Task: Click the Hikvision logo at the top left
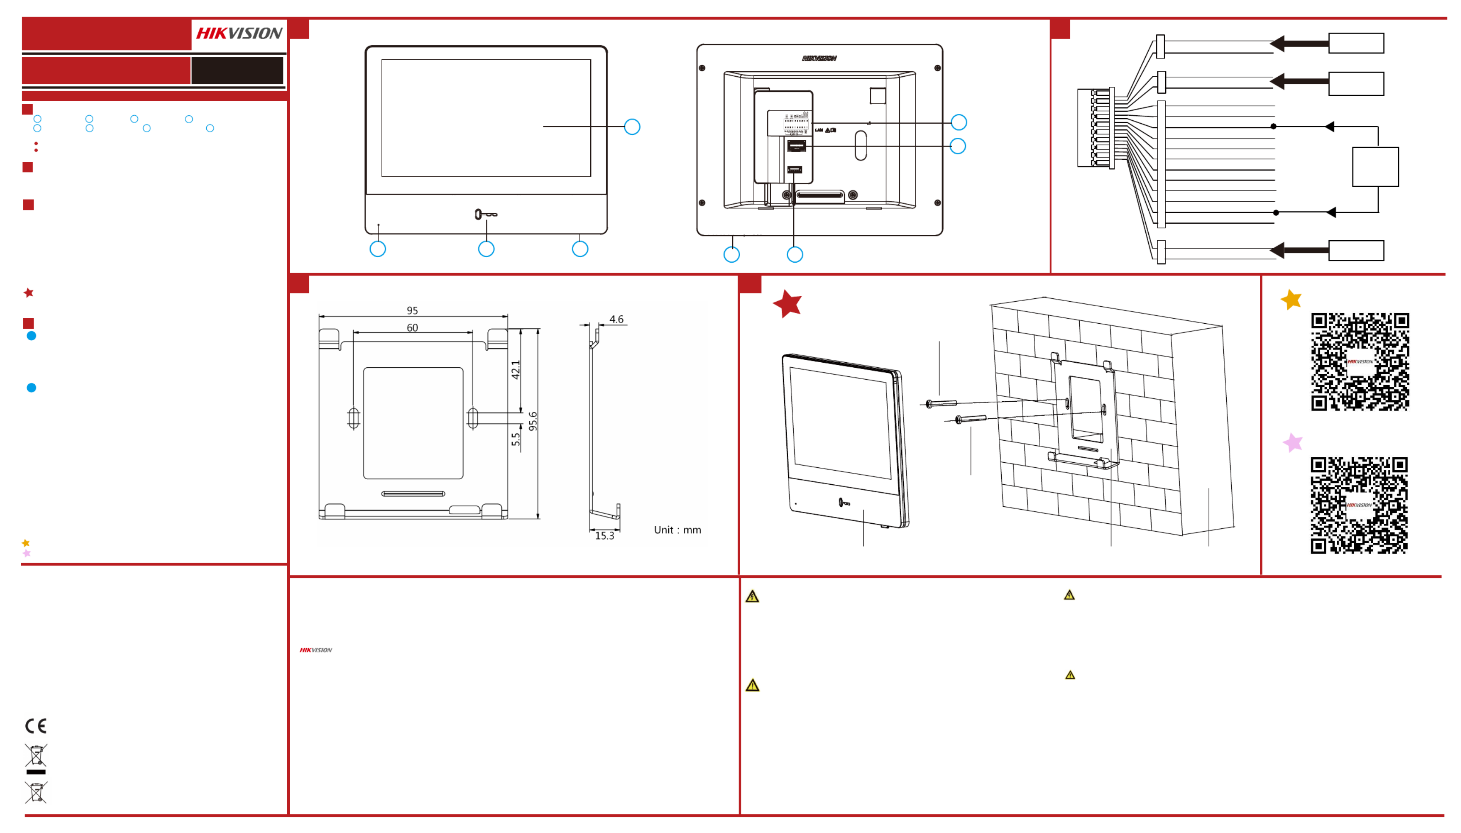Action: (x=239, y=33)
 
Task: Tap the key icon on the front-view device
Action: (x=486, y=214)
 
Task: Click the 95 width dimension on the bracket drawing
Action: (x=412, y=311)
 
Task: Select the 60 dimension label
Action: (x=412, y=328)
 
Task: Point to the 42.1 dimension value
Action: (x=515, y=369)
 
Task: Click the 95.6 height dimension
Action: (x=533, y=421)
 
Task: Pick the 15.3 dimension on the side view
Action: (x=604, y=536)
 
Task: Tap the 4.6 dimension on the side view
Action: (x=616, y=319)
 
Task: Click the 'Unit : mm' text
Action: (x=677, y=530)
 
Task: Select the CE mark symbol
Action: (x=36, y=726)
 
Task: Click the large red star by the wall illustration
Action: (x=788, y=303)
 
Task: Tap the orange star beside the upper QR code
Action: (x=1291, y=299)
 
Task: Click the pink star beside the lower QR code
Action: (x=1293, y=442)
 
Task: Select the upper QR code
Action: (x=1360, y=361)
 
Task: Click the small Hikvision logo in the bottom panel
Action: (x=316, y=650)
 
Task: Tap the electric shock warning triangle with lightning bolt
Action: (x=752, y=597)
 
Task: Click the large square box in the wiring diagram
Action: (x=1375, y=167)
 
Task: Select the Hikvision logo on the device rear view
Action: (x=819, y=58)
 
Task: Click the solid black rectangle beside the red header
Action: (x=237, y=70)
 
